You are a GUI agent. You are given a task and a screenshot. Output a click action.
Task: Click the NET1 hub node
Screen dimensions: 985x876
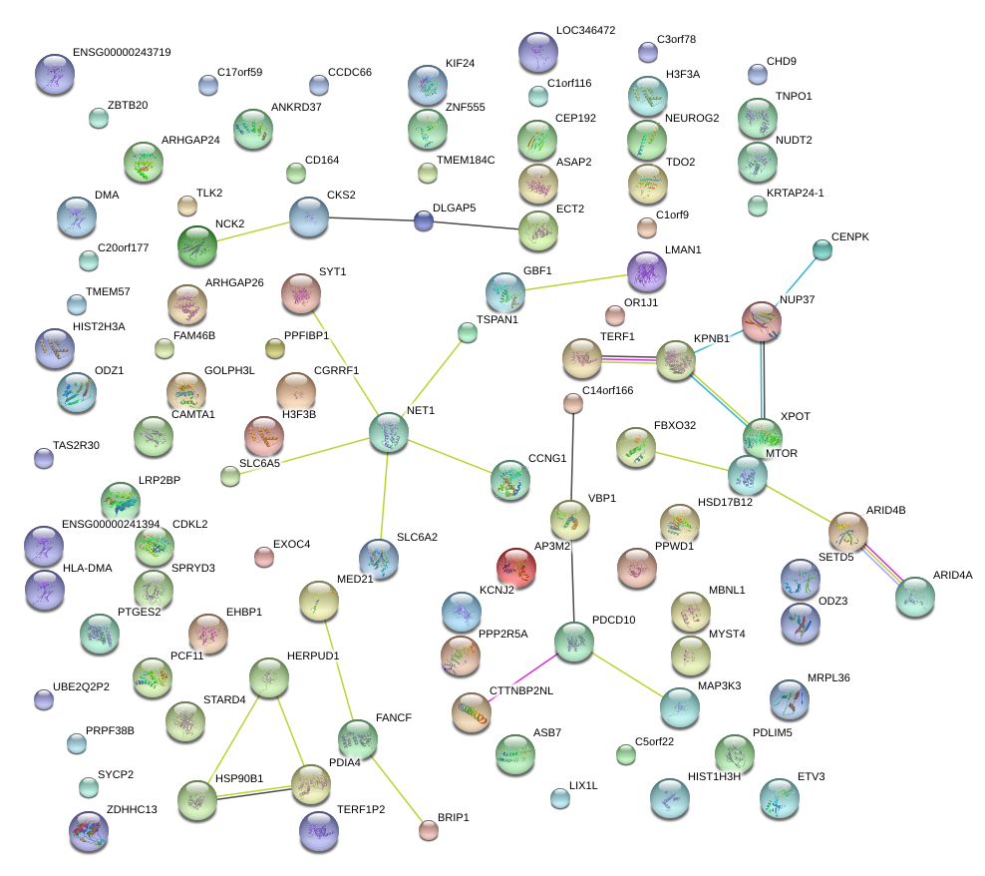pyautogui.click(x=388, y=432)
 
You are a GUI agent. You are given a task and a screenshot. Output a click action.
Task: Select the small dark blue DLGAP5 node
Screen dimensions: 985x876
pyautogui.click(x=424, y=220)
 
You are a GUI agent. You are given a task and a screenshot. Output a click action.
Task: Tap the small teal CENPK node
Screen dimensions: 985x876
pyautogui.click(x=822, y=249)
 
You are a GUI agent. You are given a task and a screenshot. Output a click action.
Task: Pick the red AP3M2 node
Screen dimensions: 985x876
pyautogui.click(x=515, y=568)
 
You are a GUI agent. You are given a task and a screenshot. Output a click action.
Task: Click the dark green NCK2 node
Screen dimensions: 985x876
pyautogui.click(x=197, y=245)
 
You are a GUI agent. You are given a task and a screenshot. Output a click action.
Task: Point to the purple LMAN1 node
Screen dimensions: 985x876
pyautogui.click(x=647, y=272)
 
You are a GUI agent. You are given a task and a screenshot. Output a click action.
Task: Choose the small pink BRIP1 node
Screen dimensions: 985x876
pyautogui.click(x=429, y=830)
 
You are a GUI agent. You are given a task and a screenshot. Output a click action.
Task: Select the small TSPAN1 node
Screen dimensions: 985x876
pyautogui.click(x=468, y=332)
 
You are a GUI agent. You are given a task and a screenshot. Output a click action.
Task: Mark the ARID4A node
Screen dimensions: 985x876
pyautogui.click(x=914, y=597)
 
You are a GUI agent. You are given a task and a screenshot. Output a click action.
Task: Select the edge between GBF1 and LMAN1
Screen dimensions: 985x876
pyautogui.click(x=576, y=282)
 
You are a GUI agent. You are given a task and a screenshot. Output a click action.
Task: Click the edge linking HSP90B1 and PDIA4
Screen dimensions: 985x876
pyautogui.click(x=254, y=794)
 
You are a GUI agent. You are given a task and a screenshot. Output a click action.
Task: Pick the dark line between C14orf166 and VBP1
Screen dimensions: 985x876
pyautogui.click(x=571, y=457)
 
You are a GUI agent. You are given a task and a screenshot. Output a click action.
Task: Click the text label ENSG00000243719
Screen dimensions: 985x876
pyautogui.click(x=122, y=52)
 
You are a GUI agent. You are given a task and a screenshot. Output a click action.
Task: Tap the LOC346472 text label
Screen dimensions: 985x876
pyautogui.click(x=585, y=30)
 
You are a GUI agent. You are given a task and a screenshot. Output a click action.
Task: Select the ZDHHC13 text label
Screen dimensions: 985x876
pyautogui.click(x=132, y=809)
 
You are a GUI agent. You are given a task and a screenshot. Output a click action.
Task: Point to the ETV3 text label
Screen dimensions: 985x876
pyautogui.click(x=811, y=776)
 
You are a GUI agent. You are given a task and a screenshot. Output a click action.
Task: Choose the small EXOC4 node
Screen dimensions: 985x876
pyautogui.click(x=264, y=557)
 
